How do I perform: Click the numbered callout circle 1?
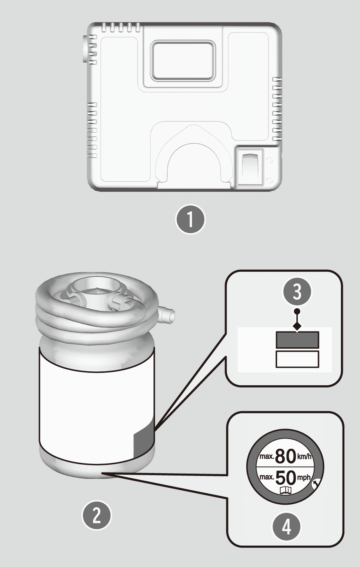point(191,219)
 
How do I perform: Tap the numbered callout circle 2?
point(97,515)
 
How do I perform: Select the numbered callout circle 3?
point(297,291)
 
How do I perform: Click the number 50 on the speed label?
point(286,477)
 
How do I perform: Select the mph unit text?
point(304,478)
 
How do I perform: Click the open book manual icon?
point(286,490)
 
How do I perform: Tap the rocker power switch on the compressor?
point(250,167)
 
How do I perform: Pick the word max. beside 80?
point(267,456)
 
